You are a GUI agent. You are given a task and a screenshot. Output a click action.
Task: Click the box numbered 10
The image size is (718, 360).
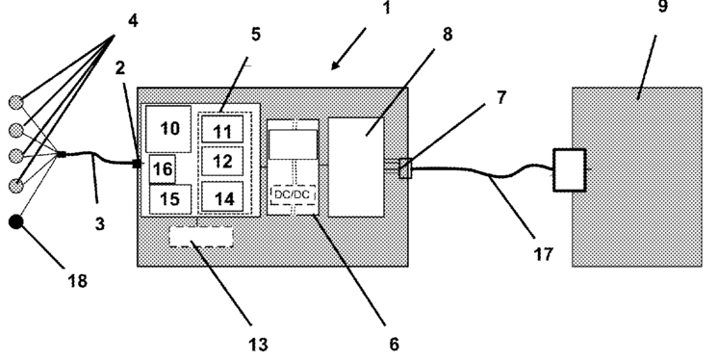[x=168, y=129]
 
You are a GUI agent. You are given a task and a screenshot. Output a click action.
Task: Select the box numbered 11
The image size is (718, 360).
[x=222, y=129]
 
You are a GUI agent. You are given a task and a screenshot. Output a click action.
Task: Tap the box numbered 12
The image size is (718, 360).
[x=222, y=161]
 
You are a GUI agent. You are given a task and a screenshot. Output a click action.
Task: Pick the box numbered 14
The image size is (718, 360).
[x=222, y=196]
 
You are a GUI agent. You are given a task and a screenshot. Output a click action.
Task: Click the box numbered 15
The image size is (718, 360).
[x=170, y=199]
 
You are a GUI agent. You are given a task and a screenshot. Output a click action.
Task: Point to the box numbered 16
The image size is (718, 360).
[x=162, y=168]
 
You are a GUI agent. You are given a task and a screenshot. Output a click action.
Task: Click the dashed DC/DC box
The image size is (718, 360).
[x=293, y=194]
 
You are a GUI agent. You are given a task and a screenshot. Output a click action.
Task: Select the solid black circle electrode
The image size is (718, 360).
[x=16, y=222]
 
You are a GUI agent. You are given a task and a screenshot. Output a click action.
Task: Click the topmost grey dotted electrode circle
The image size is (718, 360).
[x=16, y=102]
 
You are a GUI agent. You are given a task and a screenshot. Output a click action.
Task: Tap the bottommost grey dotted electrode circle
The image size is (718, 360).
[x=16, y=186]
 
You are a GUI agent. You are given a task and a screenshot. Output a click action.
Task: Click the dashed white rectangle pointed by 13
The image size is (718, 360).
[x=201, y=237]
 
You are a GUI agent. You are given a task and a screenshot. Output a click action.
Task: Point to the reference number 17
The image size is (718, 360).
[x=544, y=254]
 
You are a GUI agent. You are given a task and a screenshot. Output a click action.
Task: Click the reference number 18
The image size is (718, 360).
[x=77, y=281]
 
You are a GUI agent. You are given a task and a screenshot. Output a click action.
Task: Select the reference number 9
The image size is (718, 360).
[x=662, y=6]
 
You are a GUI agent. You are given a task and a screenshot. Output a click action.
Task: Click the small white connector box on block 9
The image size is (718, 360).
[x=570, y=169]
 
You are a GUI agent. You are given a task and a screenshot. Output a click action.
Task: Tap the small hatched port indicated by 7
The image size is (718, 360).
[x=406, y=168]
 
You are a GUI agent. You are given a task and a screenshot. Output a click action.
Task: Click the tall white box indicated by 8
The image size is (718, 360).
[x=356, y=167]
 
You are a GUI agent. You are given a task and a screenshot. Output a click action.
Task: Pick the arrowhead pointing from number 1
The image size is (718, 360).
[x=335, y=65]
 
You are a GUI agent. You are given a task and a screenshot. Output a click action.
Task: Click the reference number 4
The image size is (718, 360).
[x=133, y=20]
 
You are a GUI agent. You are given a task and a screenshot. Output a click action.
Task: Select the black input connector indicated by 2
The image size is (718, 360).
[x=137, y=163]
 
